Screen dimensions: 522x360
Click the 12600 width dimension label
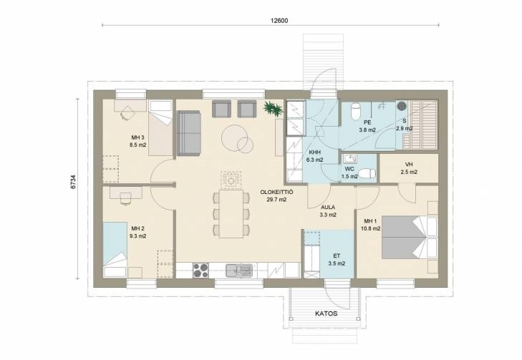279,21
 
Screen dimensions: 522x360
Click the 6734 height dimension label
73,182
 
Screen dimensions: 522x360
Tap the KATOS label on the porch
327,313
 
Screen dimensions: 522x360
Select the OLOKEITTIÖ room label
276,192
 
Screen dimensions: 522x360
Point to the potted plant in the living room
273,108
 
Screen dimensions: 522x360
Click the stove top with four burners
200,270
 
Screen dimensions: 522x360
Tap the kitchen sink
238,270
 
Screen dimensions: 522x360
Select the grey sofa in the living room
189,133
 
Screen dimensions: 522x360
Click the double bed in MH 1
409,237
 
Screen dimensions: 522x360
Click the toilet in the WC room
367,174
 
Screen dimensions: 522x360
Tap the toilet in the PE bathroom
356,111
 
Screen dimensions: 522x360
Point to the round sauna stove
402,106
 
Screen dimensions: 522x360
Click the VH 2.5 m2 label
409,168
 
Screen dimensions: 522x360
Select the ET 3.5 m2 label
337,260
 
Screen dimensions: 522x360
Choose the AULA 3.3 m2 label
328,211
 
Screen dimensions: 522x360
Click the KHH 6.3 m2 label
314,156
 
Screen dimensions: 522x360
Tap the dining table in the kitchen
231,213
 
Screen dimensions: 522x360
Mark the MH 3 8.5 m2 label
137,141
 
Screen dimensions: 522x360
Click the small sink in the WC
349,157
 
